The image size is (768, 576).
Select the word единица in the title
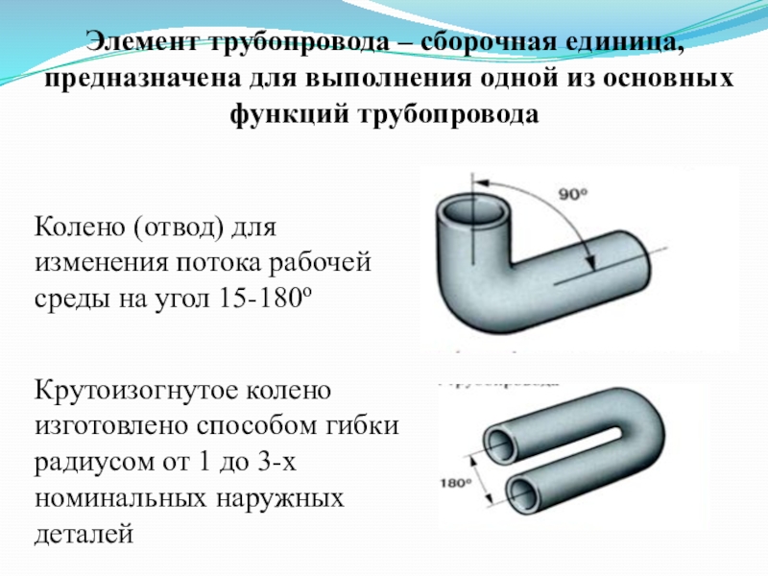click(613, 42)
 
